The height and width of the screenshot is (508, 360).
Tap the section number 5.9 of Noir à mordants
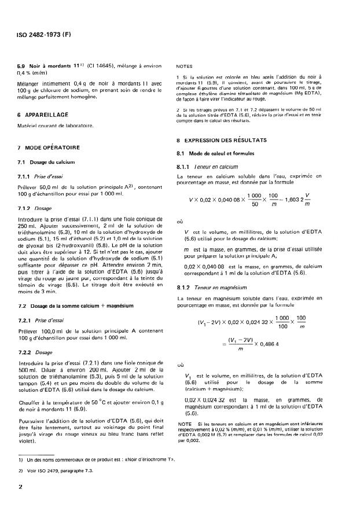(23, 67)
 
